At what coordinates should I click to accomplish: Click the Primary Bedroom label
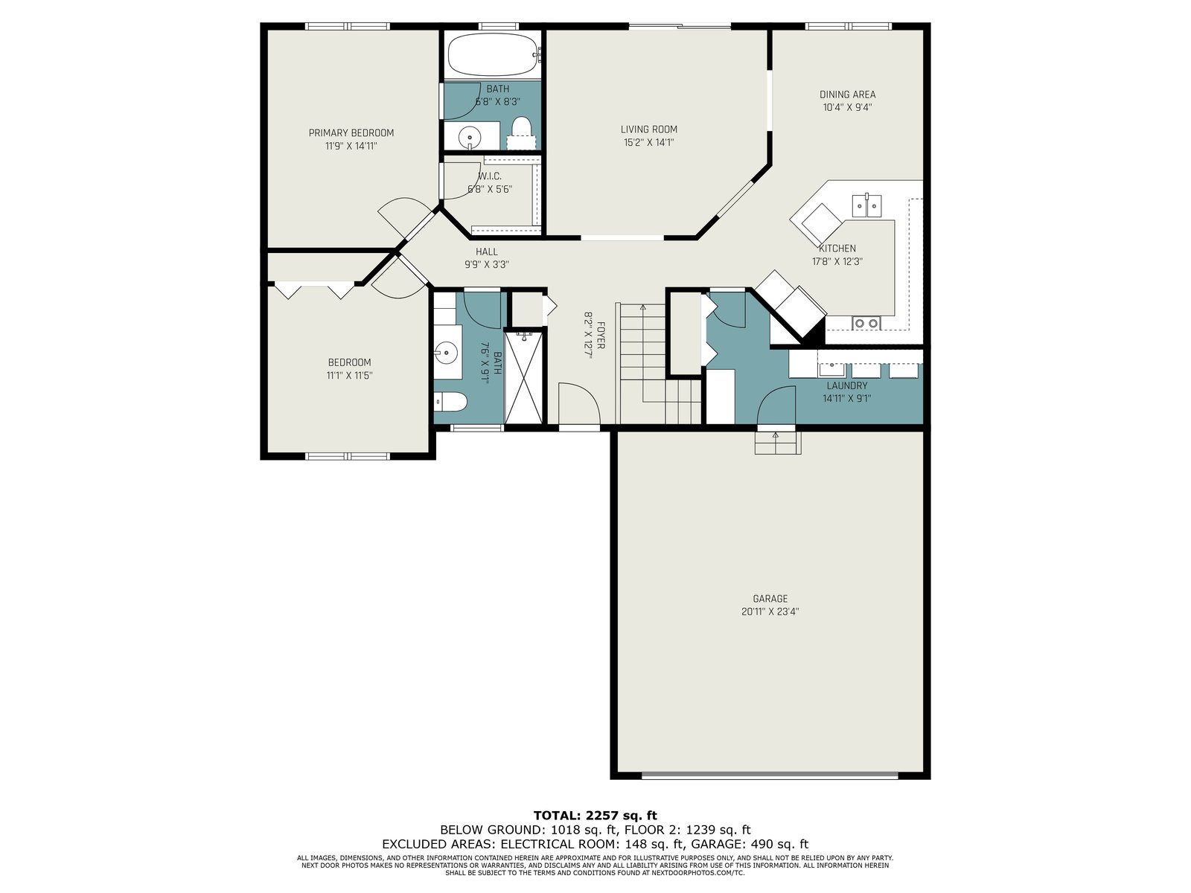coord(351,133)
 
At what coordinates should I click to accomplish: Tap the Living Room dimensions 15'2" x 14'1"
coord(648,143)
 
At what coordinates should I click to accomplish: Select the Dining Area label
coord(848,95)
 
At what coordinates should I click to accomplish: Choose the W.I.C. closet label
coord(490,176)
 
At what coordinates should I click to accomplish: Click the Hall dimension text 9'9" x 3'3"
coord(487,265)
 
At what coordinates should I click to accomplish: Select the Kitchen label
coord(837,249)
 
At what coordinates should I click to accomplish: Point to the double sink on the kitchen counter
coord(866,205)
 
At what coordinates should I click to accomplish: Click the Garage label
coord(770,598)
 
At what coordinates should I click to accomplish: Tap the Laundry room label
coord(847,385)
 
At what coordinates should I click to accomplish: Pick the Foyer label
coord(601,336)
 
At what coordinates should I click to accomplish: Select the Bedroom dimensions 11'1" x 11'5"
coord(349,375)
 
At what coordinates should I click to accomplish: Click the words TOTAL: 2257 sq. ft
coord(595,816)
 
